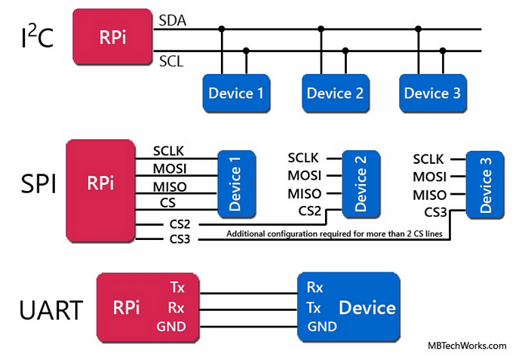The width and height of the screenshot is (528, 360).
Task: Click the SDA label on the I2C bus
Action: (x=173, y=20)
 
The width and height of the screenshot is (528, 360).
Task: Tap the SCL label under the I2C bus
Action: (x=171, y=62)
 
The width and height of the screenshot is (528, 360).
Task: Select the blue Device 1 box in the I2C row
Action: (x=236, y=93)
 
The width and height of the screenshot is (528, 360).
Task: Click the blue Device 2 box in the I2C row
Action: (x=336, y=93)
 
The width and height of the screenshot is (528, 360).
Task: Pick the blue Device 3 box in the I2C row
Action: (x=433, y=93)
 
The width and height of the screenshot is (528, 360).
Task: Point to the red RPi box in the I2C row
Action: (x=112, y=37)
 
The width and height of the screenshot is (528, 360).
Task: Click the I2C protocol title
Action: (x=37, y=36)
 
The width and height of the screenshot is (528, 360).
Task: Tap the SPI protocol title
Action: (x=38, y=183)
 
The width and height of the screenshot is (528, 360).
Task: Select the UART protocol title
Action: (x=51, y=310)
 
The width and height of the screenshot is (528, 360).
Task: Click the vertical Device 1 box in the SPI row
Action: (x=236, y=183)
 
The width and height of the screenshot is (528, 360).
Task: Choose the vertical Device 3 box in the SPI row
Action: (x=485, y=184)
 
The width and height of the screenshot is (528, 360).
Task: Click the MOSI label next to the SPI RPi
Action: (x=170, y=168)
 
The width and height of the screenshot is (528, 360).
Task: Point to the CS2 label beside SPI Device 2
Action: (x=310, y=211)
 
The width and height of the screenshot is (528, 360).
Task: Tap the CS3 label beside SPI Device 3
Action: (x=435, y=212)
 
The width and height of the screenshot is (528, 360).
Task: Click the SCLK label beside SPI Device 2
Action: (x=303, y=158)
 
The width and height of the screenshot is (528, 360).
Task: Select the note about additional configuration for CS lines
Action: (x=334, y=234)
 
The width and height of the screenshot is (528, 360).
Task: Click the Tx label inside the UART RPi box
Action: (x=177, y=288)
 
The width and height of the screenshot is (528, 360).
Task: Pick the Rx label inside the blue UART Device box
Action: (x=315, y=288)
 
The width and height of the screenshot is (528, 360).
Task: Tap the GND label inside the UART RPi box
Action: (x=171, y=326)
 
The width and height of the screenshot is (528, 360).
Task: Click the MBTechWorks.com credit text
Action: (x=467, y=346)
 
